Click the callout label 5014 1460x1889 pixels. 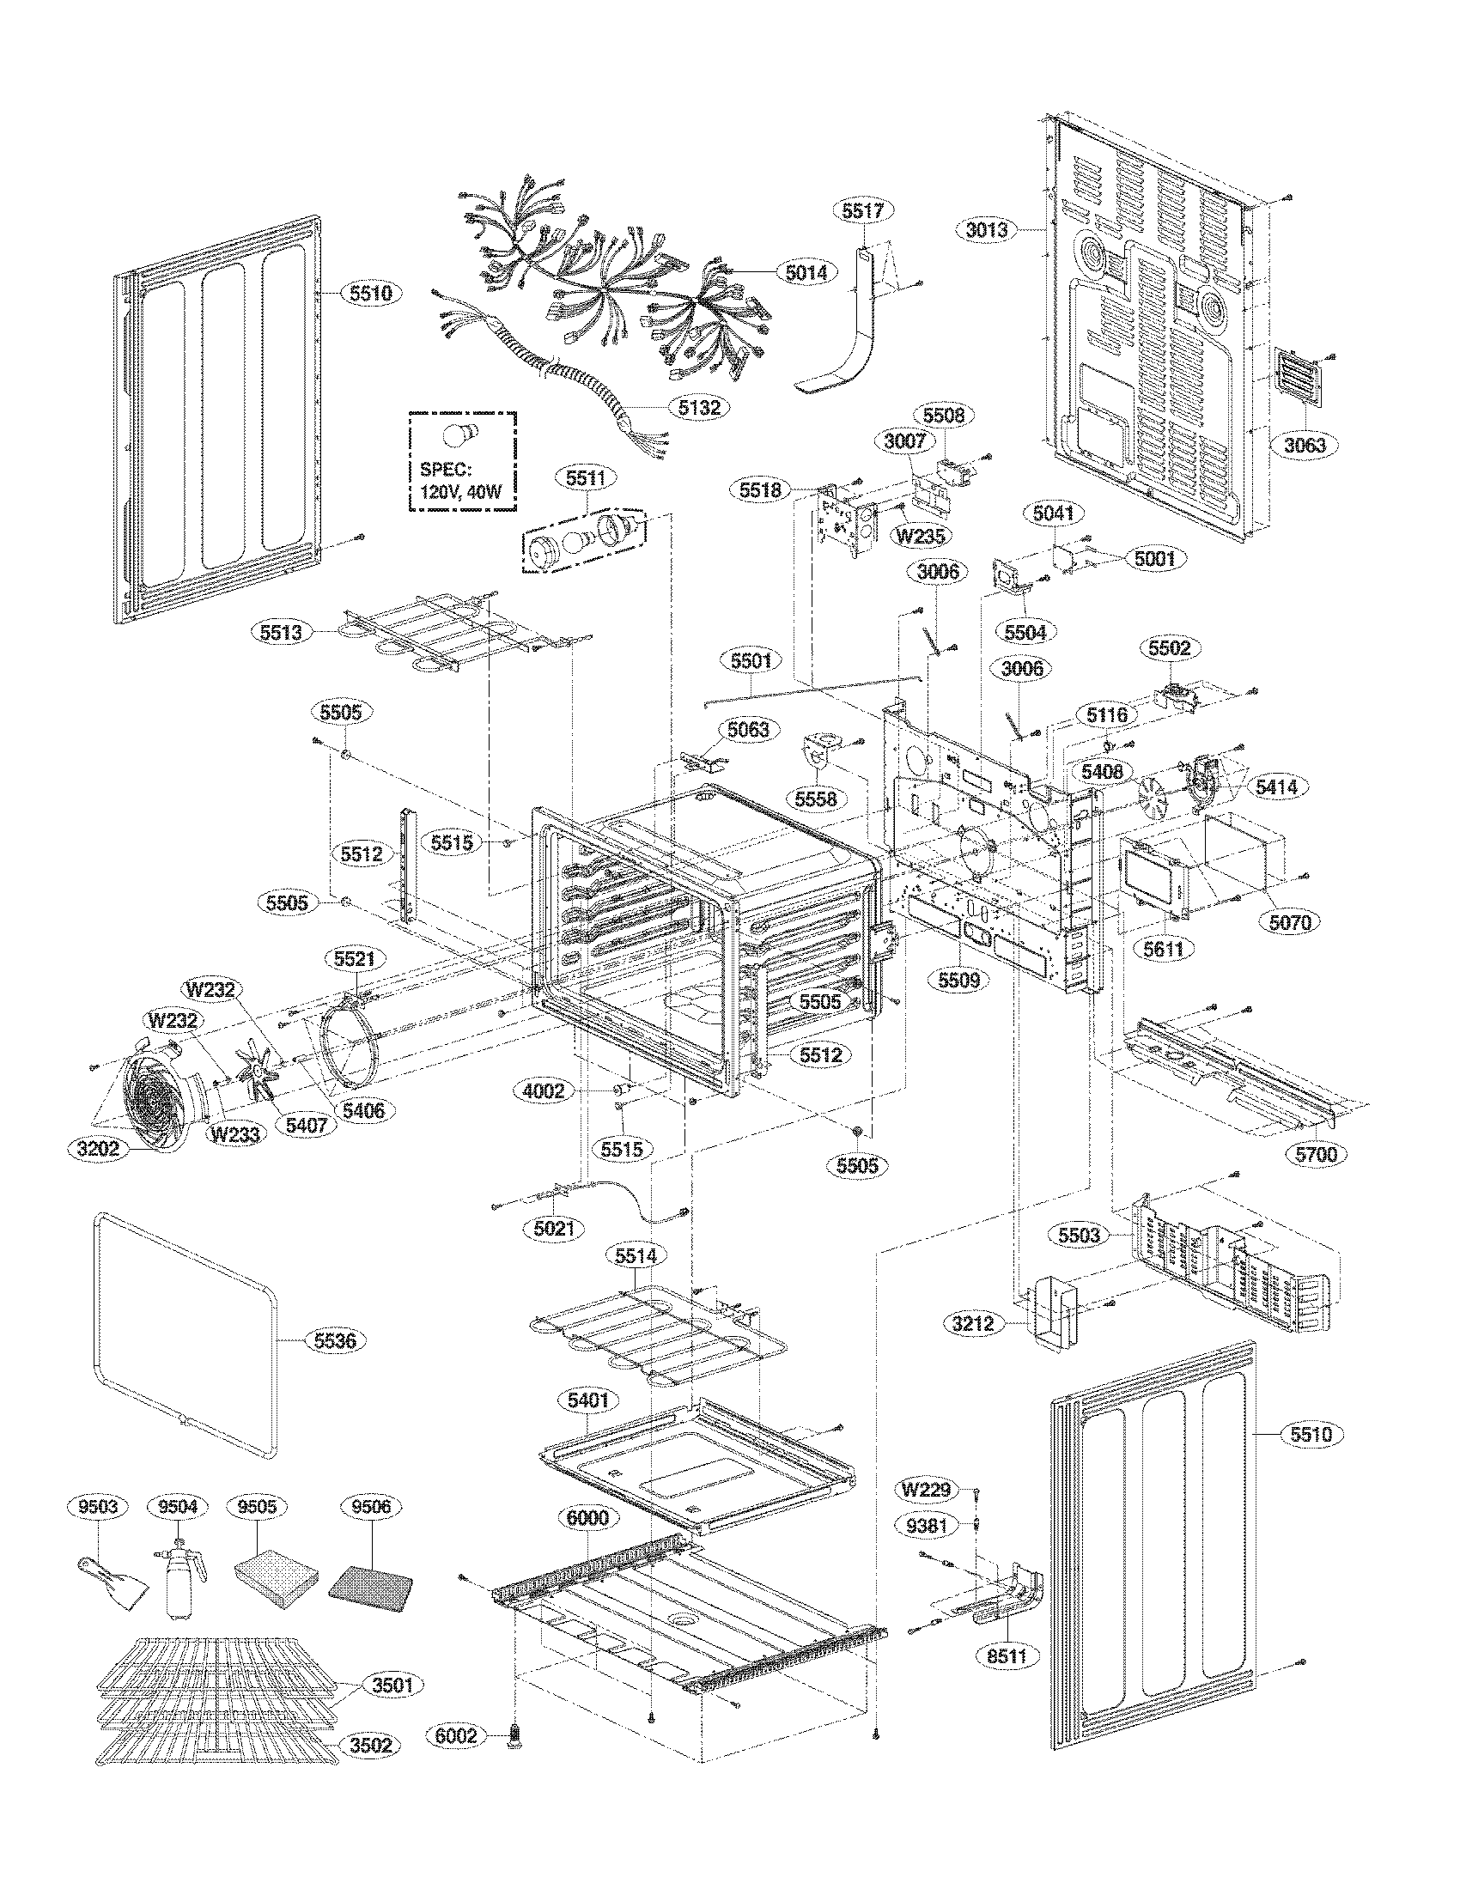coord(806,272)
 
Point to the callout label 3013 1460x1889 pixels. coord(986,230)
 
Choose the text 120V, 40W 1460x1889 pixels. coord(460,495)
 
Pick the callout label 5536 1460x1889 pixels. coord(334,1341)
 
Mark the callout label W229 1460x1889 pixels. coord(927,1491)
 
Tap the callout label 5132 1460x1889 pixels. coord(699,405)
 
